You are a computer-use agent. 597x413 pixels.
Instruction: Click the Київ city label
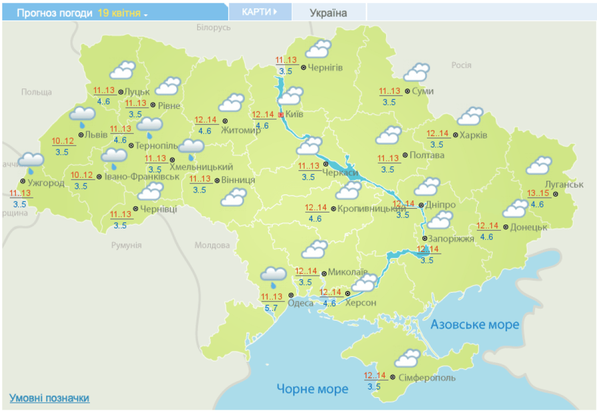(295, 115)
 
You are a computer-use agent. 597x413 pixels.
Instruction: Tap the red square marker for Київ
(281, 115)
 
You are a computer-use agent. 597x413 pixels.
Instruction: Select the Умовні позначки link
(49, 398)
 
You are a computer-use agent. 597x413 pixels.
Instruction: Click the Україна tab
(328, 13)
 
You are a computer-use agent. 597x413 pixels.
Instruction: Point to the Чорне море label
(312, 389)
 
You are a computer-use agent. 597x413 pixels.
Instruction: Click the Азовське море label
(475, 325)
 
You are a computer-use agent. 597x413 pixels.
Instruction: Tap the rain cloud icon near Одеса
(273, 276)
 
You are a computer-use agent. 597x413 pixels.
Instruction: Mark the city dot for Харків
(455, 135)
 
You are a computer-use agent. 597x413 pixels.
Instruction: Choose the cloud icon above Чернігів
(318, 48)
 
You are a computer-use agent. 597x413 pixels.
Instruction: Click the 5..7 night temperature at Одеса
(272, 308)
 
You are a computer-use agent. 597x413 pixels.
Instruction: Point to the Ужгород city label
(46, 182)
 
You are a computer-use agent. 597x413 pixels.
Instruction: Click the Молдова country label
(212, 245)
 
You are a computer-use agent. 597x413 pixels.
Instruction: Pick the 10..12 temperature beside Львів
(64, 142)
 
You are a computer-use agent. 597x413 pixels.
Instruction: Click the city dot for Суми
(407, 91)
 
